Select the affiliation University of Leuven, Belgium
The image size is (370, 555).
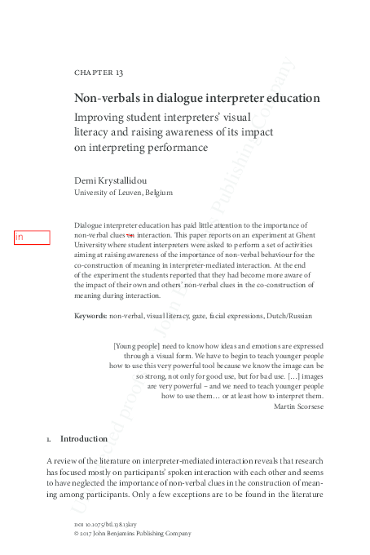[123, 193]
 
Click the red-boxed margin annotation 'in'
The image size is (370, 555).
[31, 238]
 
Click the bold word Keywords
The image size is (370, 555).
[90, 316]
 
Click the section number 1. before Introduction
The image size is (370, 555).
[50, 439]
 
